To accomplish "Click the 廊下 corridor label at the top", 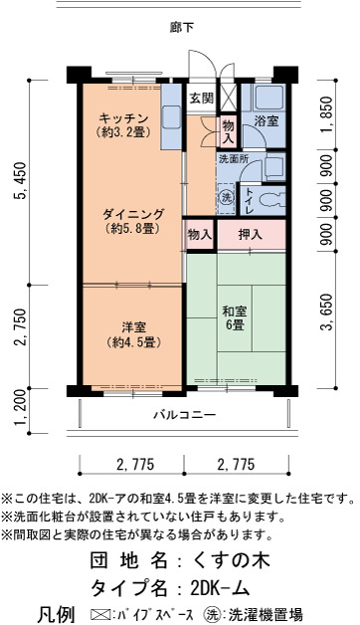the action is click(182, 28).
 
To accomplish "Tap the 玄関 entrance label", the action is click(201, 99).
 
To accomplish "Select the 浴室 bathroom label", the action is click(266, 121).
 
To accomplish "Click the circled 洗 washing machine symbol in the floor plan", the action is click(226, 198).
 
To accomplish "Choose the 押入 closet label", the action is click(250, 235).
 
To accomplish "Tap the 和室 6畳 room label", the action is click(235, 317).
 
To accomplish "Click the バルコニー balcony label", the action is click(185, 415).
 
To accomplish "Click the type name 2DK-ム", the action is click(220, 587).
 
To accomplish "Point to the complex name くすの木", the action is click(231, 560).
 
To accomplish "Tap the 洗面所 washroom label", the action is click(234, 158).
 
